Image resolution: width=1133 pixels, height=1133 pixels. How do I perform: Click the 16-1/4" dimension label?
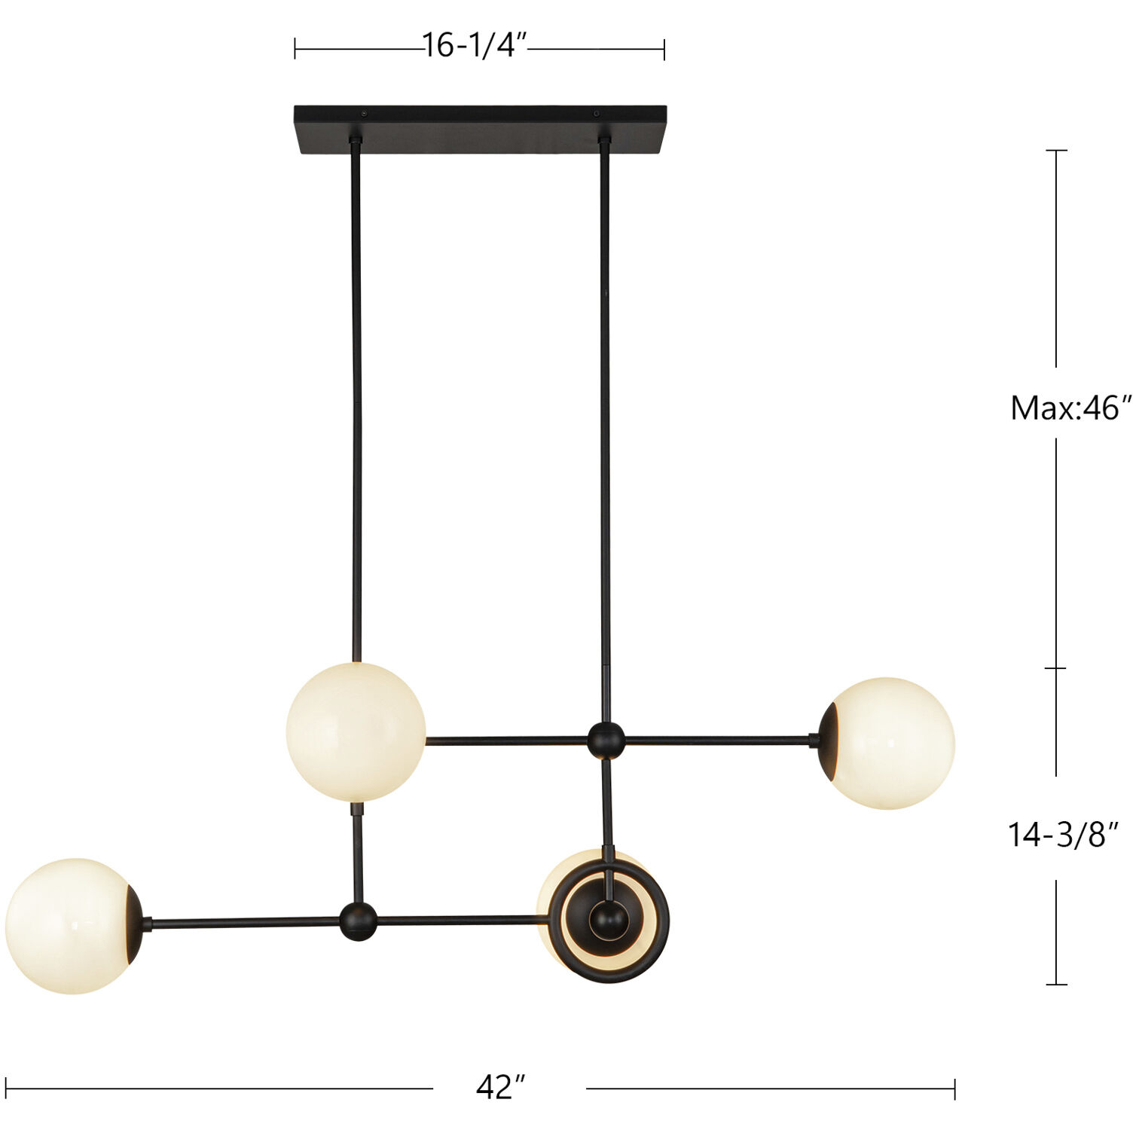tap(473, 47)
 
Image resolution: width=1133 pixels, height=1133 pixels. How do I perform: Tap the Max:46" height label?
tap(1070, 408)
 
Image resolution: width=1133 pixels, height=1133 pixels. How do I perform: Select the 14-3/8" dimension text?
tap(1063, 835)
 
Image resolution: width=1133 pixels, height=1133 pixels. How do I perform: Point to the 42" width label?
tap(500, 1088)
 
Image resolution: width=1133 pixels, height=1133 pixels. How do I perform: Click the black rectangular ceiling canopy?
tap(480, 129)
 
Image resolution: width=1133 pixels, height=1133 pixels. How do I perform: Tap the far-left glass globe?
tap(68, 926)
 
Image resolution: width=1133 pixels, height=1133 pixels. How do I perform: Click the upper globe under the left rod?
tap(356, 731)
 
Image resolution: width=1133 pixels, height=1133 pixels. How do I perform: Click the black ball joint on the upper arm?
tap(606, 741)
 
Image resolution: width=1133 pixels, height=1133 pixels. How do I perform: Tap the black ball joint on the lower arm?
tap(358, 921)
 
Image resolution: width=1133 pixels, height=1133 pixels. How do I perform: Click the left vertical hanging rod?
tap(356, 399)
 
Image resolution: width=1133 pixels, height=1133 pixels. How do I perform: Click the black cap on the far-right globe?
tap(829, 741)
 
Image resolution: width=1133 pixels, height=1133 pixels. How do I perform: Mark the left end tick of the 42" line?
tap(6, 1089)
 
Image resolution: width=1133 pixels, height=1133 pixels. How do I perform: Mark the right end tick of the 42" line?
tap(954, 1089)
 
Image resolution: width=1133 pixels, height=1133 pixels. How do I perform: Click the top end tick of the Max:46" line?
tap(1056, 151)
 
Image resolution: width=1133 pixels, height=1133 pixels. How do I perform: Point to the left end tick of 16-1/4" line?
tap(295, 50)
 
